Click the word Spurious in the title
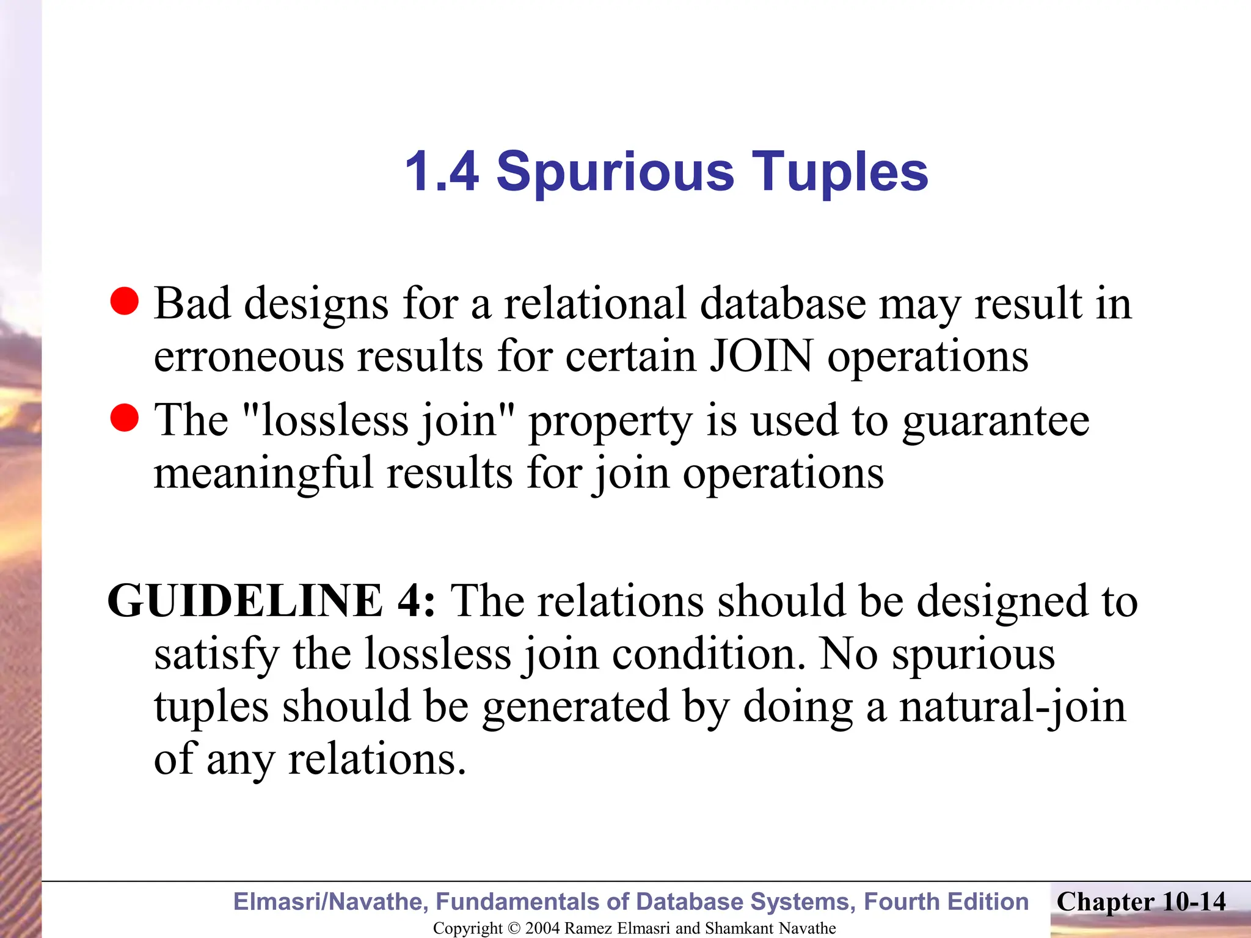click(615, 173)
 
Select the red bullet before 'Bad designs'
click(125, 301)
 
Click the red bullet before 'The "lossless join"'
click(125, 418)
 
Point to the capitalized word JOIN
click(760, 355)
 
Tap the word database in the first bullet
click(783, 303)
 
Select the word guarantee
click(996, 421)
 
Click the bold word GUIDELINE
click(245, 601)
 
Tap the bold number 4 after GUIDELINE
click(411, 601)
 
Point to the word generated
click(575, 707)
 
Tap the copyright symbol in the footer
click(514, 928)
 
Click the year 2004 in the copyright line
click(542, 928)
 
